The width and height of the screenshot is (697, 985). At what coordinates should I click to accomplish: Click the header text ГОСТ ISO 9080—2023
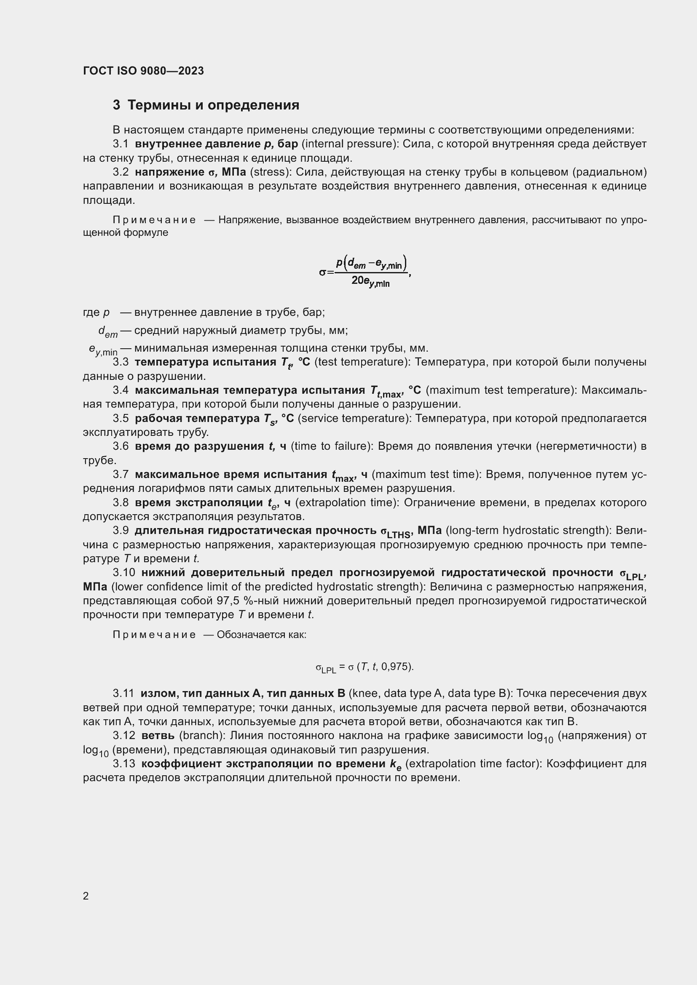point(143,71)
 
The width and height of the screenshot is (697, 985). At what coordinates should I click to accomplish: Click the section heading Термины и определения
point(213,105)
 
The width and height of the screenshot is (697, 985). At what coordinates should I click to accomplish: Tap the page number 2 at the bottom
point(86,896)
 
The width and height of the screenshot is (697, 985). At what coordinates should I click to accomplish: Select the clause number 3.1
point(121,144)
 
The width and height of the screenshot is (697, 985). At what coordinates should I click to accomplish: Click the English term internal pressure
point(349,144)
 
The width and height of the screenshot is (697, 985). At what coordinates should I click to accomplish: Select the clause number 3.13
point(123,763)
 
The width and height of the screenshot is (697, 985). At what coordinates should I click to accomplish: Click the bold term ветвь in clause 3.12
point(158,735)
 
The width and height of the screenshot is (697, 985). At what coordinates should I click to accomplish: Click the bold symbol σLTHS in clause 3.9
point(395,532)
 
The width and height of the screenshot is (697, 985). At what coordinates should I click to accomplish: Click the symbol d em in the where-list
point(108,331)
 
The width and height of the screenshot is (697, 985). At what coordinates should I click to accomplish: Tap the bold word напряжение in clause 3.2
point(169,172)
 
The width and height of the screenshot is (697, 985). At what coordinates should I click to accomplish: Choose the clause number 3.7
point(121,475)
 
